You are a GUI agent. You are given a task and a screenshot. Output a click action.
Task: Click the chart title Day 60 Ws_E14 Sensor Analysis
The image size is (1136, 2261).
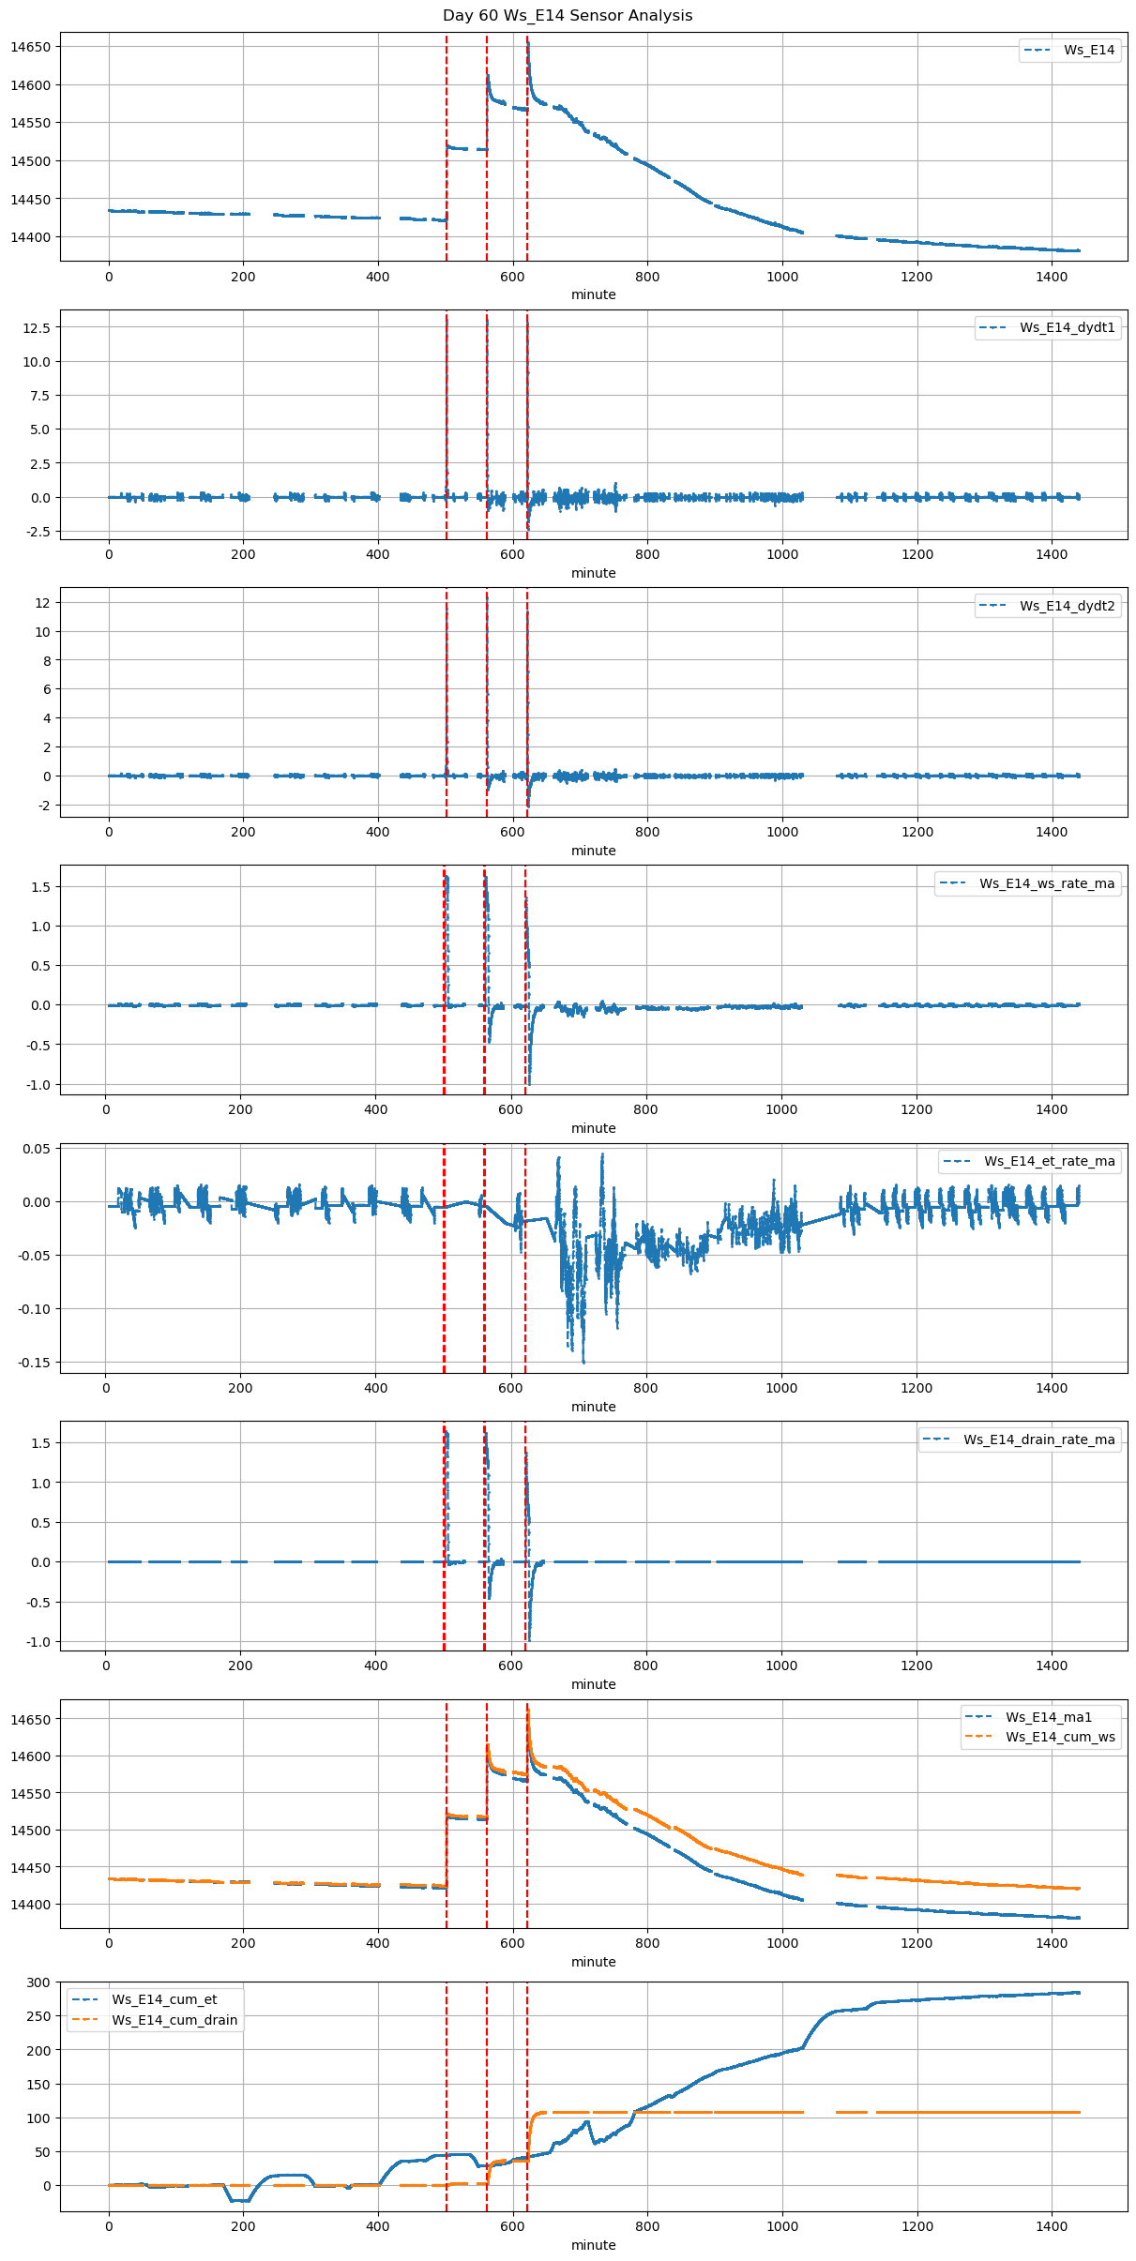pyautogui.click(x=568, y=15)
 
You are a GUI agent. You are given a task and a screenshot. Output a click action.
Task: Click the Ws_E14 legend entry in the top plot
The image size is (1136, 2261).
pyautogui.click(x=1088, y=50)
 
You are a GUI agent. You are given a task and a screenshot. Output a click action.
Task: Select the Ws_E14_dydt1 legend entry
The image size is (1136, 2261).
pyautogui.click(x=1067, y=327)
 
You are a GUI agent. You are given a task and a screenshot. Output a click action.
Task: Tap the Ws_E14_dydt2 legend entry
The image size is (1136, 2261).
pyautogui.click(x=1067, y=606)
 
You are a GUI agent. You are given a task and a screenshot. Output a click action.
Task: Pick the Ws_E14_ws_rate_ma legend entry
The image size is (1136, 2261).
pyautogui.click(x=1046, y=883)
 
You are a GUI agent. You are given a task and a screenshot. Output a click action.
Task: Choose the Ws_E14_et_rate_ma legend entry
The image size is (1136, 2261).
pyautogui.click(x=1049, y=1161)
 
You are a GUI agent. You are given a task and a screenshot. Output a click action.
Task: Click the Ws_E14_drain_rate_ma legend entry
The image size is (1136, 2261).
pyautogui.click(x=1038, y=1440)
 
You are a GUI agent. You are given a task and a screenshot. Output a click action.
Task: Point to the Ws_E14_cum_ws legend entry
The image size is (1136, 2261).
pyautogui.click(x=1060, y=1737)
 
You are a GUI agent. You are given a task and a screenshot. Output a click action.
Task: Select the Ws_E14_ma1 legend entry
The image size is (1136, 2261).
pyautogui.click(x=1049, y=1717)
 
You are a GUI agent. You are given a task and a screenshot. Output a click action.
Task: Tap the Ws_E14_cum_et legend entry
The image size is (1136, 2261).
pyautogui.click(x=164, y=1999)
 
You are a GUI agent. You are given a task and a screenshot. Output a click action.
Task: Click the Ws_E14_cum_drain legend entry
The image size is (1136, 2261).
pyautogui.click(x=174, y=2020)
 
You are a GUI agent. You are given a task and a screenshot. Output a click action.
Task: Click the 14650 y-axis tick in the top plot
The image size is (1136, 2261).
pyautogui.click(x=30, y=47)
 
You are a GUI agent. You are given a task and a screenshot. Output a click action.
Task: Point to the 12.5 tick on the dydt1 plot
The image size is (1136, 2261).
pyautogui.click(x=38, y=327)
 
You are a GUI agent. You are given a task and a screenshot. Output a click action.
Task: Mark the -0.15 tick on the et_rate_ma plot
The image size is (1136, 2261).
pyautogui.click(x=33, y=1362)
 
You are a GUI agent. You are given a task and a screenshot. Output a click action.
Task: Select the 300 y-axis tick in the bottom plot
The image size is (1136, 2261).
pyautogui.click(x=38, y=1982)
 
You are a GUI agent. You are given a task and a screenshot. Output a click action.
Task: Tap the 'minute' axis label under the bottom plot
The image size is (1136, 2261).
pyautogui.click(x=594, y=2245)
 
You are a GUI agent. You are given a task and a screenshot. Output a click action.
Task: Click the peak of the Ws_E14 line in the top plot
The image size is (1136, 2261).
pyautogui.click(x=528, y=42)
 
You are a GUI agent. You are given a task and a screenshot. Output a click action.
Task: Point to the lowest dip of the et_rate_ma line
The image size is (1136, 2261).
pyautogui.click(x=583, y=1362)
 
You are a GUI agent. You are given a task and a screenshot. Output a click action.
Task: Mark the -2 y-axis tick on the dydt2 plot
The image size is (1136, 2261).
pyautogui.click(x=42, y=806)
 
